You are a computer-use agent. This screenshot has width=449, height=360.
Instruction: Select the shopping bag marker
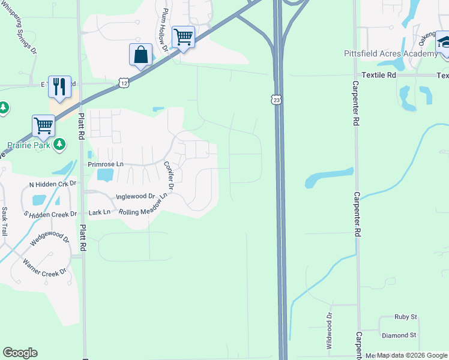pyautogui.click(x=140, y=55)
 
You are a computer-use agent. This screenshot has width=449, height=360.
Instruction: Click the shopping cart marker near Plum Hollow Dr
pyautogui.click(x=183, y=37)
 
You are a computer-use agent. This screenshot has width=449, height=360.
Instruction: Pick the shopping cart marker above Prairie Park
pyautogui.click(x=43, y=127)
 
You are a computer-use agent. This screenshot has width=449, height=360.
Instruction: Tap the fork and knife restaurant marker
pyautogui.click(x=59, y=87)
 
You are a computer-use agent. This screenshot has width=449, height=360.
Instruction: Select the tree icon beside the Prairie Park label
pyautogui.click(x=59, y=144)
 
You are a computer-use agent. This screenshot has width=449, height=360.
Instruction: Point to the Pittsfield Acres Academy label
pyautogui.click(x=390, y=54)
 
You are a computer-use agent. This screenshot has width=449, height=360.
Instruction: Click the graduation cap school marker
pyautogui.click(x=444, y=43)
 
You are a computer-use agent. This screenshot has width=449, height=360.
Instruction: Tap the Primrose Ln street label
pyautogui.click(x=105, y=164)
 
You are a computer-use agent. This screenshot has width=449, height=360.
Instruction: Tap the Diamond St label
pyautogui.click(x=399, y=335)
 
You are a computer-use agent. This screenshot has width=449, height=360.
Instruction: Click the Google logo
pyautogui.click(x=20, y=353)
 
